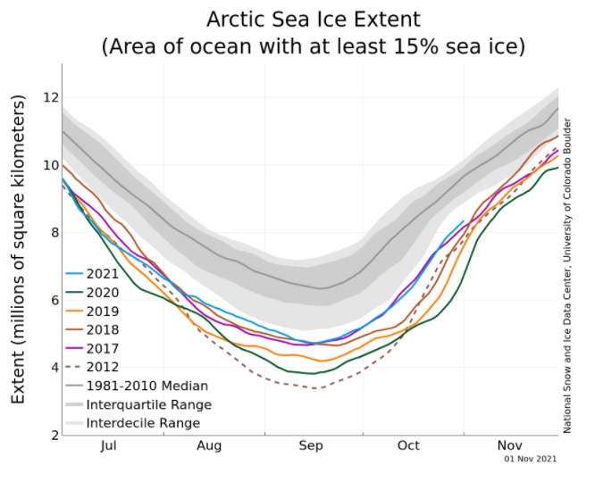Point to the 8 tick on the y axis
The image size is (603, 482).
53,232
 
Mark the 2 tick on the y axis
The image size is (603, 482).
53,435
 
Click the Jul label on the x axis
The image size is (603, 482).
109,446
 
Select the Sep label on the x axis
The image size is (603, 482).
310,446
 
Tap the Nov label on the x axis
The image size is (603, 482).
510,446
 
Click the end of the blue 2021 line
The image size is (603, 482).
464,221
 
